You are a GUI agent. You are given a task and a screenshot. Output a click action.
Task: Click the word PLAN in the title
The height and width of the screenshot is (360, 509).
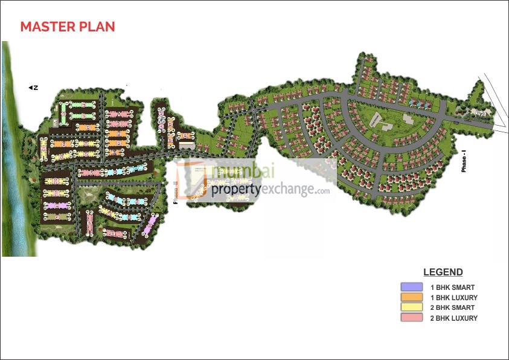97,27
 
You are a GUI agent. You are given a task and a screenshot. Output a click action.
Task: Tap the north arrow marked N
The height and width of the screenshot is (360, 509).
34,88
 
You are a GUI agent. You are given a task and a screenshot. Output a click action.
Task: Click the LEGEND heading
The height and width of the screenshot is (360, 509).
443,272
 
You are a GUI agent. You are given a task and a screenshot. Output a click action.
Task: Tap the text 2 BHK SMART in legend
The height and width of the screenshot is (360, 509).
452,308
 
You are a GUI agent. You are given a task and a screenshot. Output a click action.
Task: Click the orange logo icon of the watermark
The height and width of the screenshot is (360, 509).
193,179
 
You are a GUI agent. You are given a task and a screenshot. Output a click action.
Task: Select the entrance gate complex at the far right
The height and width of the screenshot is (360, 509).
481,112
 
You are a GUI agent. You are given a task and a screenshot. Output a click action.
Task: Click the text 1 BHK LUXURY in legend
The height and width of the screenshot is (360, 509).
453,298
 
